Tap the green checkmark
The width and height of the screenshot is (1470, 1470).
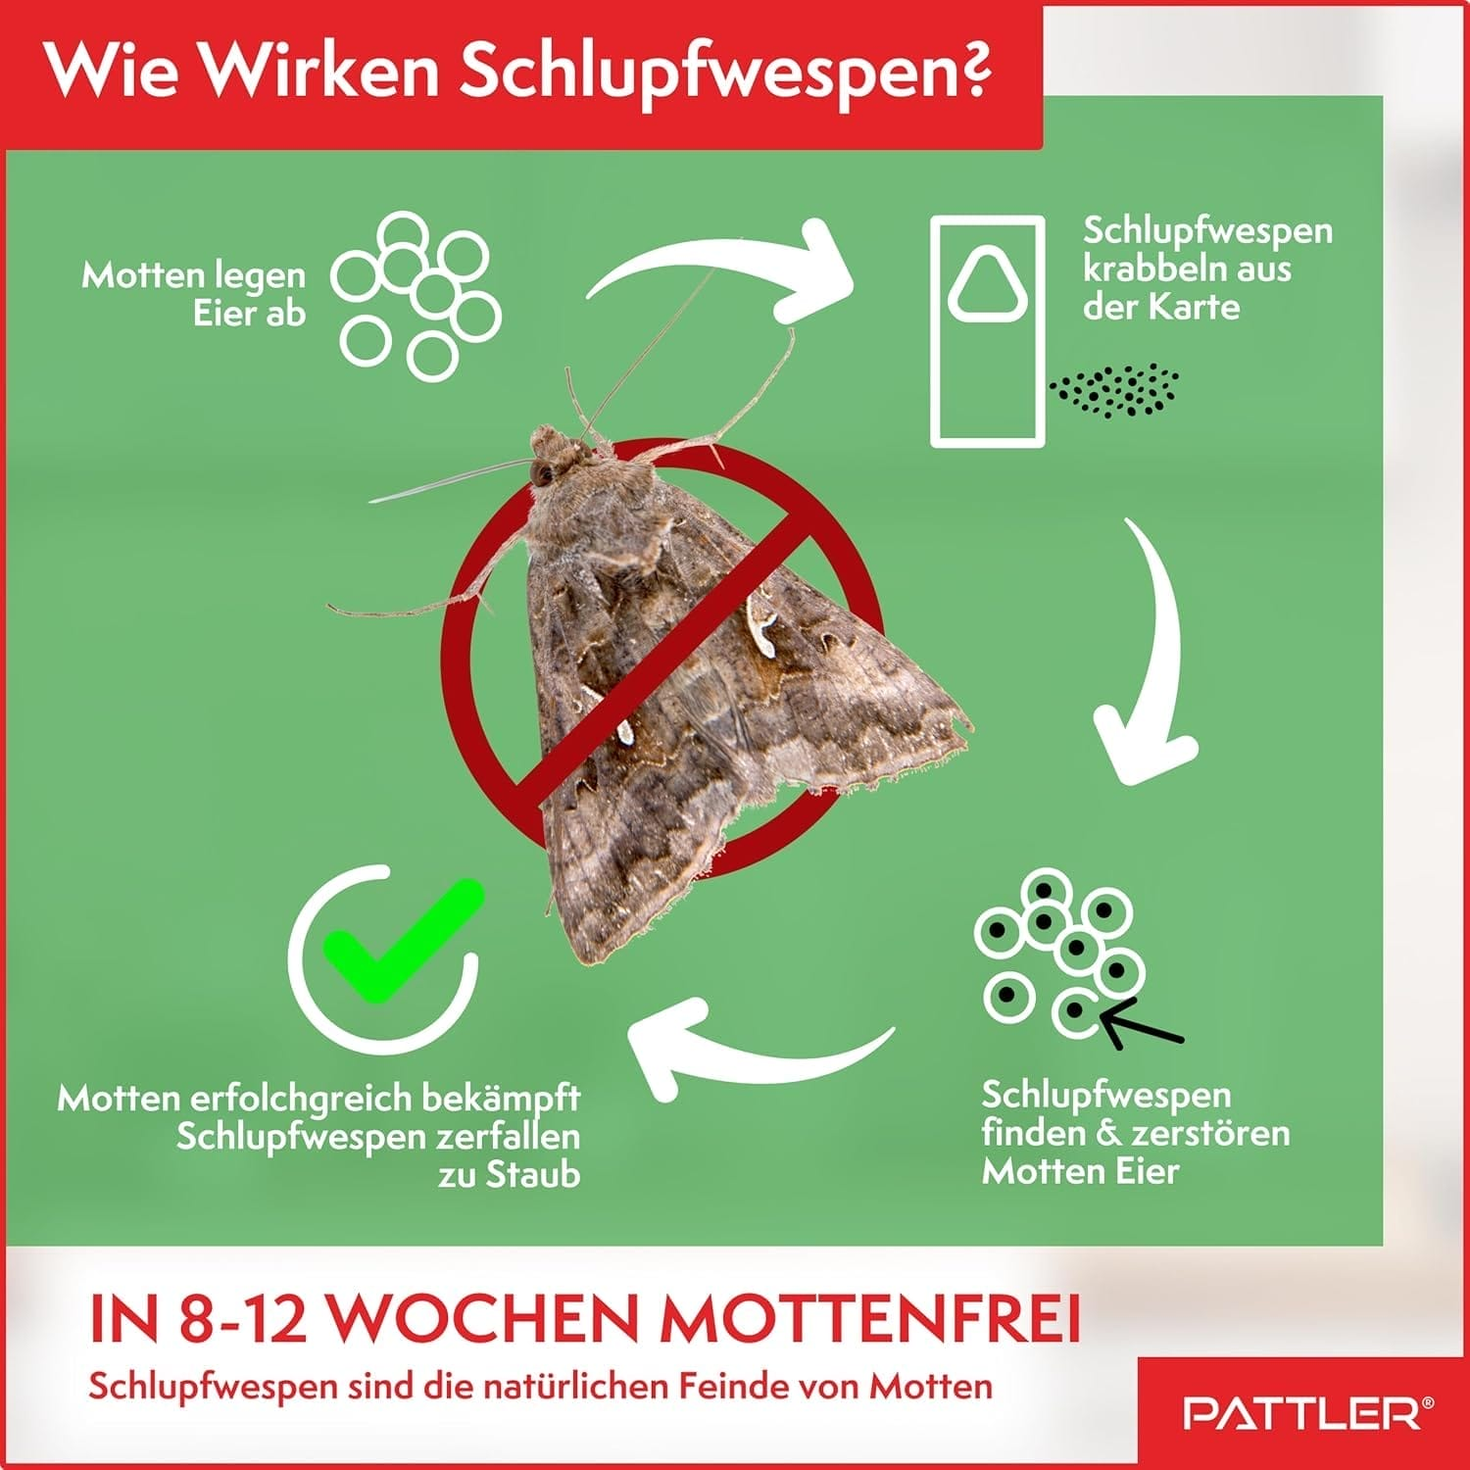pyautogui.click(x=404, y=941)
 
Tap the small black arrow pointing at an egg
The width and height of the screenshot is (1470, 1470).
pyautogui.click(x=1142, y=1023)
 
